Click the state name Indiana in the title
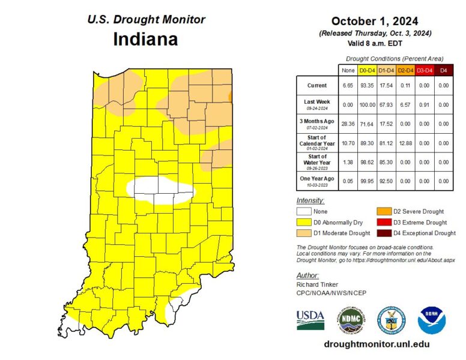pos(145,40)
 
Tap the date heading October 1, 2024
pos(375,22)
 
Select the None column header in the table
pos(348,70)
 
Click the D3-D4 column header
pos(425,70)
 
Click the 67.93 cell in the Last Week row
pos(386,104)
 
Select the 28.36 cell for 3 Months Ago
pos(348,124)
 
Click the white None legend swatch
pos(304,211)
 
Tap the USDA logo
pos(310,319)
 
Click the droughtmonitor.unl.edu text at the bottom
pos(377,344)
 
